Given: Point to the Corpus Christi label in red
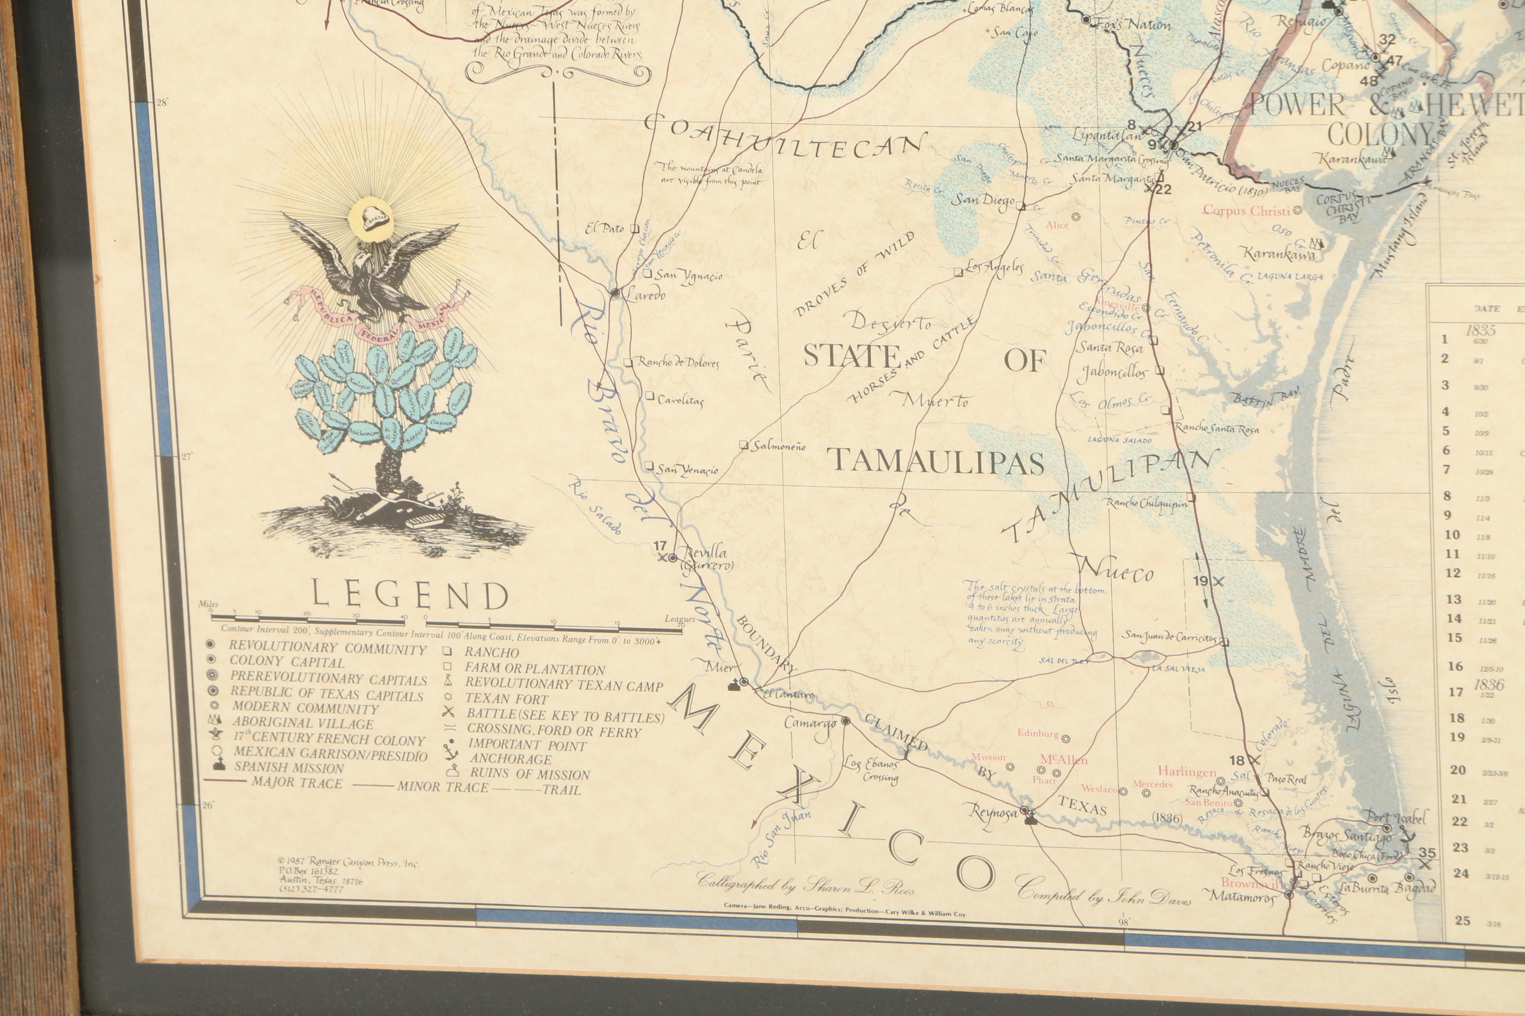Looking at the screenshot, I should tap(1247, 211).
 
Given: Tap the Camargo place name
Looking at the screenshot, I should tap(811, 722).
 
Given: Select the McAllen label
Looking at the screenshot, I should tap(1064, 759).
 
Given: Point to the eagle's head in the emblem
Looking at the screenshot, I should tap(360, 264).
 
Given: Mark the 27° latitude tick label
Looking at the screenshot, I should tap(187, 456).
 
